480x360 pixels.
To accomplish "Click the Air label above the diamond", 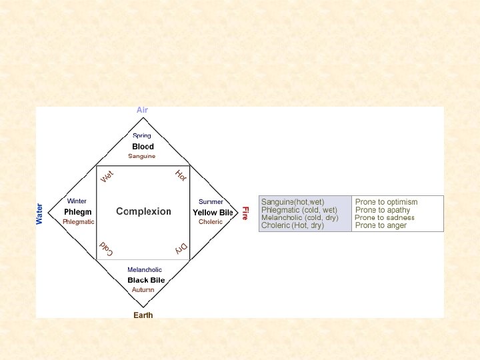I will click(142, 110).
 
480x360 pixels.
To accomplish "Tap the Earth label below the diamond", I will click(143, 315).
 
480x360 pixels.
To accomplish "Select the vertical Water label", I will click(39, 213).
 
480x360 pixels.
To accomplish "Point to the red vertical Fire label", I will click(245, 213).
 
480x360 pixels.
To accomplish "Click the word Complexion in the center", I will click(143, 211).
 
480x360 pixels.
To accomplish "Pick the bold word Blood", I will click(143, 147).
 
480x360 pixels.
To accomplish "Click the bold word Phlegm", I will click(78, 212).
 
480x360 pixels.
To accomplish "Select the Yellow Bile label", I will click(213, 213).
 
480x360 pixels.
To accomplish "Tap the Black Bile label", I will click(146, 280).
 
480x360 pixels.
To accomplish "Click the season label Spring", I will click(142, 136).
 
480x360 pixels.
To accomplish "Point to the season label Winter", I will click(77, 201).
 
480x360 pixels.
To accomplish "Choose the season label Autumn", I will click(143, 290).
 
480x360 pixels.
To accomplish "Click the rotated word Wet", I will click(107, 177).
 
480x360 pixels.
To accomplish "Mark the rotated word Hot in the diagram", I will click(181, 175).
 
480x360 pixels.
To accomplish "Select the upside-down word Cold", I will click(107, 249).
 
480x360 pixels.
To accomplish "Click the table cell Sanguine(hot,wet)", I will click(293, 202).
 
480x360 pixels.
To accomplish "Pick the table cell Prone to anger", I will click(381, 225).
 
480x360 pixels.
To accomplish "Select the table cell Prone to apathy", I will click(383, 210).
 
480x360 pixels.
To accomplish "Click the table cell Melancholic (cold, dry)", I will click(299, 218).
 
